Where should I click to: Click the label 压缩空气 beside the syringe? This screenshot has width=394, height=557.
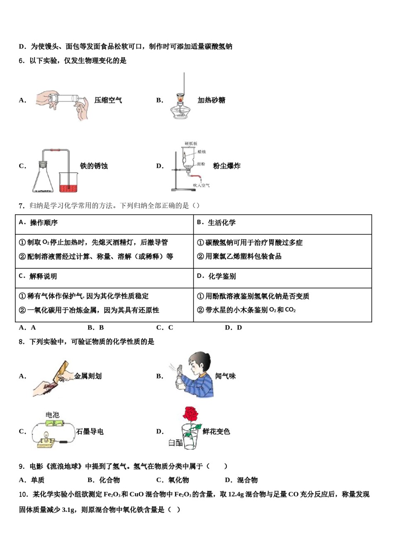108,100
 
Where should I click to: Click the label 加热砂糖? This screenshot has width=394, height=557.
211,100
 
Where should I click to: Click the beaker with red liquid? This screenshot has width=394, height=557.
69,183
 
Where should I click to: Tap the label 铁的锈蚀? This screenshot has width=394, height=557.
94,166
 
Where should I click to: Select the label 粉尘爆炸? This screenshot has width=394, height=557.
226,166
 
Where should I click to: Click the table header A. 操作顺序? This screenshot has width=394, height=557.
39,223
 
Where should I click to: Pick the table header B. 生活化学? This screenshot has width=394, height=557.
216,223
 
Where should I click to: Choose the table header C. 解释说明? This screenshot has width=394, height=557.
38,276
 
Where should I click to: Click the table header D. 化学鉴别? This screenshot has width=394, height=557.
216,276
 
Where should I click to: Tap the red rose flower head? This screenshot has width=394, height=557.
190,414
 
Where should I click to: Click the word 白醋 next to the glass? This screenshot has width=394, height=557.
175,443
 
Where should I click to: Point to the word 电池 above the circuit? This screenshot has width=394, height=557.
53,415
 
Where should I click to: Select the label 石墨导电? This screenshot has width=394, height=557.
90,431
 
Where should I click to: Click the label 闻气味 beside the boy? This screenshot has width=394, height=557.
225,376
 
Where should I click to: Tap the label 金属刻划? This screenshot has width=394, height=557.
88,376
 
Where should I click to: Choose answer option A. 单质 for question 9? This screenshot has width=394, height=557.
32,480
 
